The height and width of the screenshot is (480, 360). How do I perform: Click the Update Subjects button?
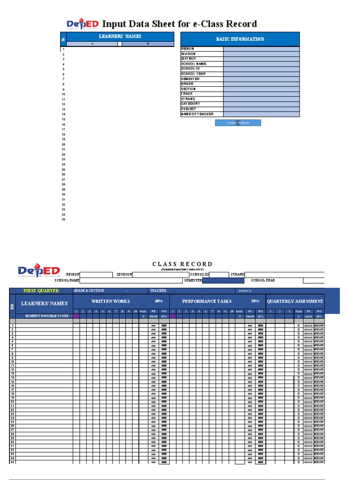(238, 123)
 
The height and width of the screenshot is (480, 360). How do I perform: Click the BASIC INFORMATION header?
(240, 39)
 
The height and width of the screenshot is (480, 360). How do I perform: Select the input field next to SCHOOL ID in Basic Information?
(261, 69)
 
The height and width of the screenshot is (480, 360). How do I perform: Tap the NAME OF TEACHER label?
(197, 114)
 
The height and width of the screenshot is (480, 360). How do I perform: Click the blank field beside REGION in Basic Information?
(261, 49)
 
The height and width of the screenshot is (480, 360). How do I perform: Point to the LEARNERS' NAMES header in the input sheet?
(120, 36)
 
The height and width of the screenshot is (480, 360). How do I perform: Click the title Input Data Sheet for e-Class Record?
(180, 24)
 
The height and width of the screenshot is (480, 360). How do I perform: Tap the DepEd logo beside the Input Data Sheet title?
(82, 24)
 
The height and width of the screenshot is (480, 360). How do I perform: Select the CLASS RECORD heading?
(182, 264)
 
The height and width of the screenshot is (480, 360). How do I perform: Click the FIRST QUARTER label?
(41, 291)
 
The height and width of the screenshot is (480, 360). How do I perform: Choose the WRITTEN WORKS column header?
(111, 301)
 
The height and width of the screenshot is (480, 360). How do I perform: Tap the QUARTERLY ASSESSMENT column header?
(295, 301)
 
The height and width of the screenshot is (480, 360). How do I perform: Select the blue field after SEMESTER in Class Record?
(223, 281)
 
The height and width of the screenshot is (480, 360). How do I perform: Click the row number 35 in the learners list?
(63, 219)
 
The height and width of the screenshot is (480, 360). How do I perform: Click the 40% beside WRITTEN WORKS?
(158, 301)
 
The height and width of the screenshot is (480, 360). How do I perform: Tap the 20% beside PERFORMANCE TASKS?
(255, 301)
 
